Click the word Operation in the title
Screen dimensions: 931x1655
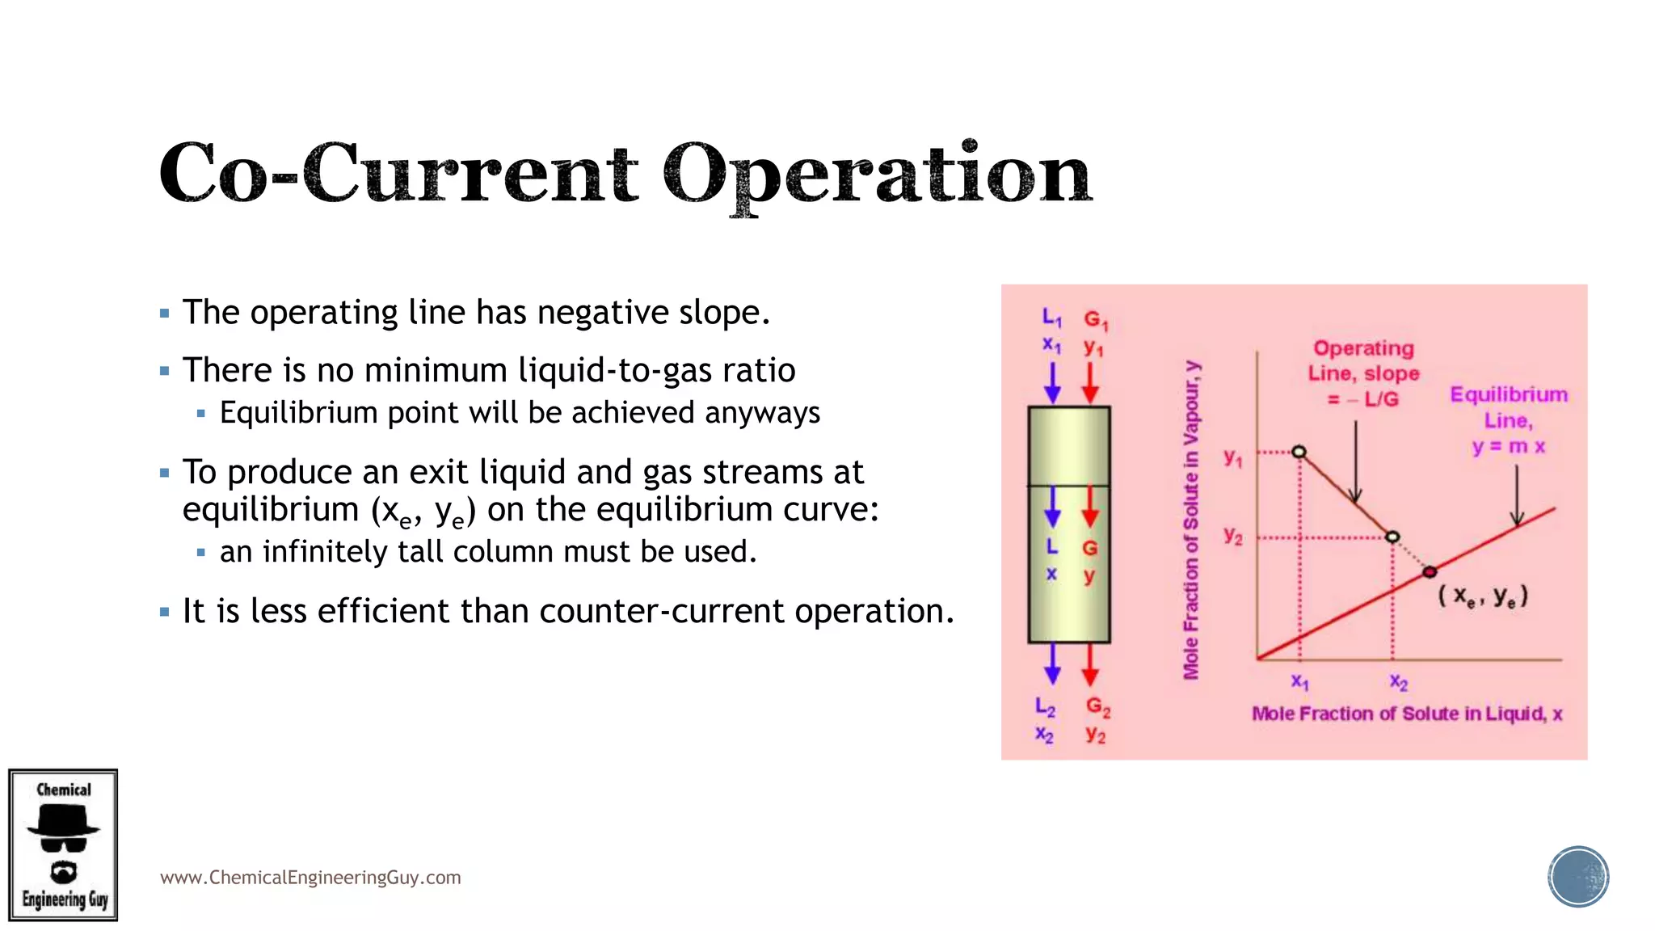[x=877, y=174]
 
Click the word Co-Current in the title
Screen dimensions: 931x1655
[x=398, y=174]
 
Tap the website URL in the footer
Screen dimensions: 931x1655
[x=310, y=878]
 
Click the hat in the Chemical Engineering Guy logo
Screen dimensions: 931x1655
[x=63, y=822]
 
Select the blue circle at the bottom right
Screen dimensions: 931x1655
[x=1578, y=877]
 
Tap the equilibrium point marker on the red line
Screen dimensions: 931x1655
[x=1430, y=572]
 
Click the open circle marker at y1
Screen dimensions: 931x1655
[x=1299, y=452]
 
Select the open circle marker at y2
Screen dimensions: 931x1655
[x=1392, y=537]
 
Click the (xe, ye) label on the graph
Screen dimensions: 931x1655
[x=1483, y=596]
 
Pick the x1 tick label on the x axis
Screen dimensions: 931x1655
[x=1299, y=681]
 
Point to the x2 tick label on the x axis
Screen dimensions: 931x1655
[x=1399, y=683]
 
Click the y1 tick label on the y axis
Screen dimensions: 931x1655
[x=1232, y=458]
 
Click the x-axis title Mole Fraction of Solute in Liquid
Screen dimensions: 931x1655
[x=1407, y=714]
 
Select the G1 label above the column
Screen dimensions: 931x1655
[x=1095, y=320]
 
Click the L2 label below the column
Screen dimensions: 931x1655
[x=1045, y=707]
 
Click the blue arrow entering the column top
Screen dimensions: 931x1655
[x=1052, y=382]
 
